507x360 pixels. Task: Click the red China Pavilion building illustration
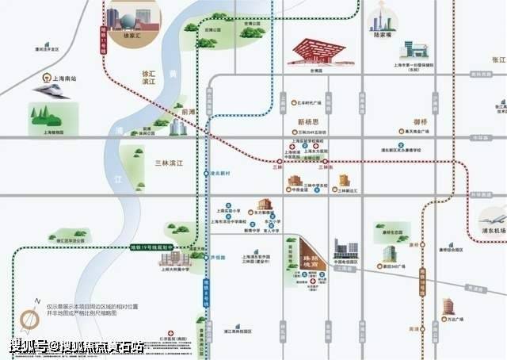pos(316,52)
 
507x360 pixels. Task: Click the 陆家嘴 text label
pos(383,36)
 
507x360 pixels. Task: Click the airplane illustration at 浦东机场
pos(492,218)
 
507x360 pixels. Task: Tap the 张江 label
pos(498,59)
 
